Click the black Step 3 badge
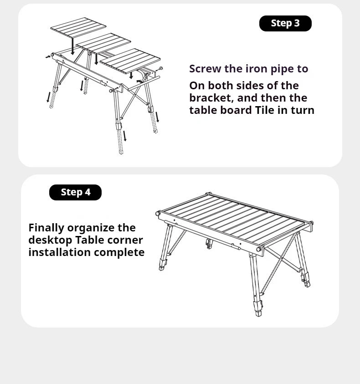coord(285,23)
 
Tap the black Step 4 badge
coord(75,192)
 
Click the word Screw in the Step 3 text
coord(204,69)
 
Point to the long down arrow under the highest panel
coord(72,45)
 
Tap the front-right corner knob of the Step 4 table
coord(260,250)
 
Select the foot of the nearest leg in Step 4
coord(258,314)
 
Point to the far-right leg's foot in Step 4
coord(307,284)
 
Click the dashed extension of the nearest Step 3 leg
coord(121,142)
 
